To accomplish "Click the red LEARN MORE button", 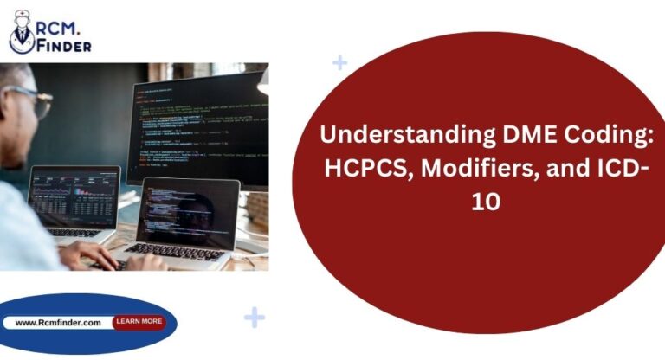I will click(139, 322).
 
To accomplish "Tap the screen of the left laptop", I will click(74, 197).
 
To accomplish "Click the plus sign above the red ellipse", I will click(340, 62).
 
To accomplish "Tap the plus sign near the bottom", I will click(254, 318).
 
